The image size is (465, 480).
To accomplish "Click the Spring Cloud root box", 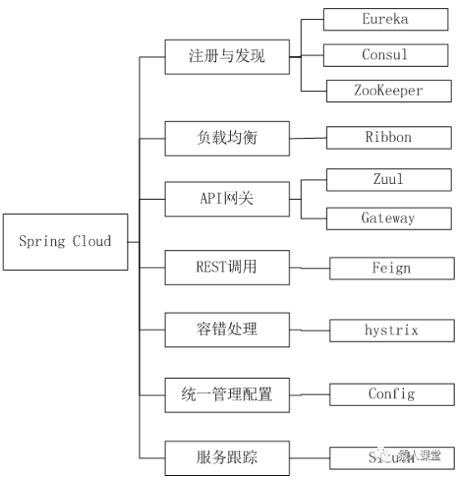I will pos(64,241).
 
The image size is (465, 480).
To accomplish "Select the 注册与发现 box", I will pos(227,57).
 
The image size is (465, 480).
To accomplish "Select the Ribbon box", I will pos(387,137).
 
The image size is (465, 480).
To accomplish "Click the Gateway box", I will pos(387,217).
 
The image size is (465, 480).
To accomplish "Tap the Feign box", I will pos(391,268).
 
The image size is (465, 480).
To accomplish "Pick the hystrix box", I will pos(391,330).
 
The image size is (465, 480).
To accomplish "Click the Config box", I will pos(391,393).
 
